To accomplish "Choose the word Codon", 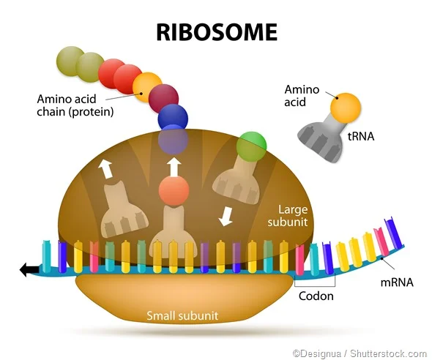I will click(x=316, y=296).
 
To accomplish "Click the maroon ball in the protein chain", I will click(x=163, y=97).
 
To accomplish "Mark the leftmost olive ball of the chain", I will click(x=71, y=59).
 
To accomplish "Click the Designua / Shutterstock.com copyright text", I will click(x=360, y=352).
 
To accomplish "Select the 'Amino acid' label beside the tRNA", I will click(x=302, y=96).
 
